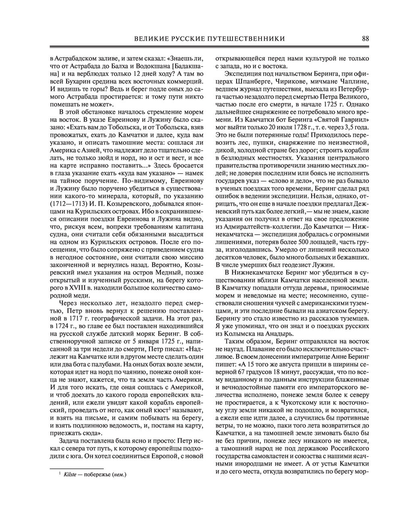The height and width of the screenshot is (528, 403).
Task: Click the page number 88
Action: tap(366, 39)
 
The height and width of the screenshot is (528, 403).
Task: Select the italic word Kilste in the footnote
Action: tap(70, 475)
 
